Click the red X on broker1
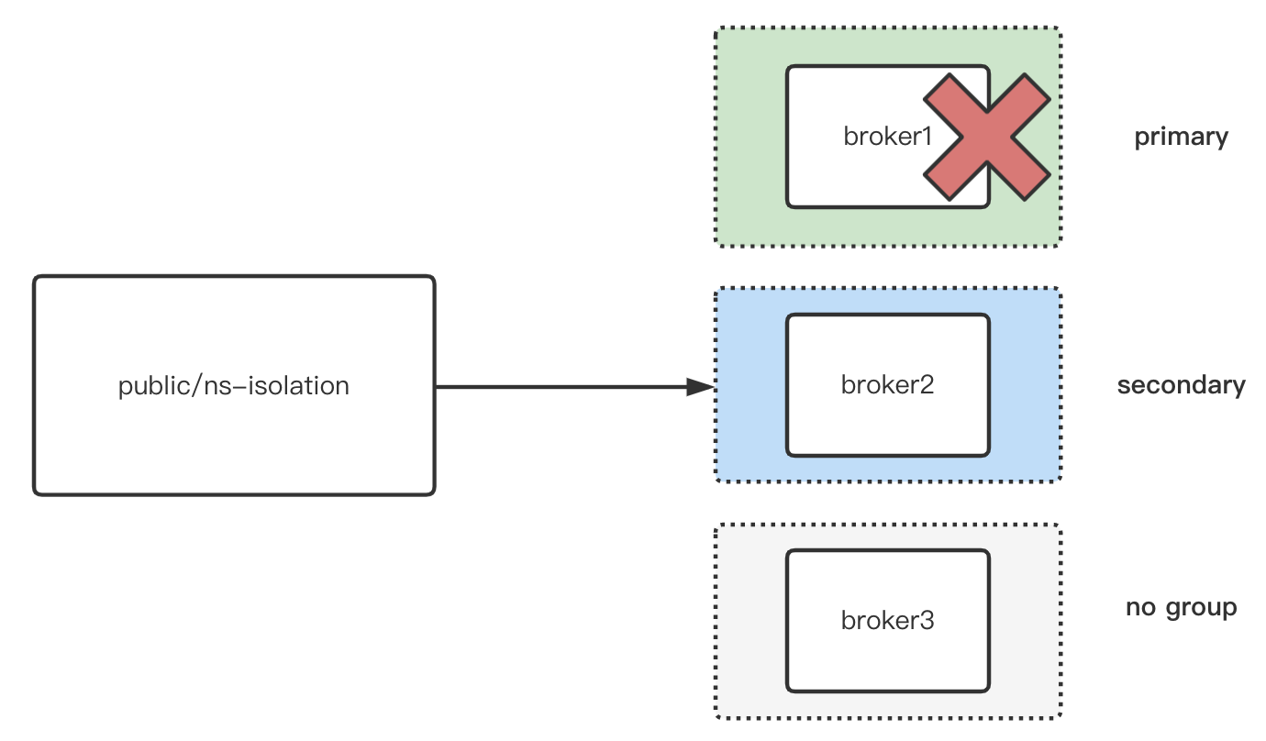pos(987,138)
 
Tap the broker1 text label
pos(887,137)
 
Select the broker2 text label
pos(887,385)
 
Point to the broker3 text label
pos(887,621)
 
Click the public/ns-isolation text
pos(234,386)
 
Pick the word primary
pos(1181,138)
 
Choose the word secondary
pos(1181,385)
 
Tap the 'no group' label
pos(1181,607)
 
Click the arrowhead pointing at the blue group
pos(701,387)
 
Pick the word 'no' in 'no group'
pos(1140,607)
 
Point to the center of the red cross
pos(987,138)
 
